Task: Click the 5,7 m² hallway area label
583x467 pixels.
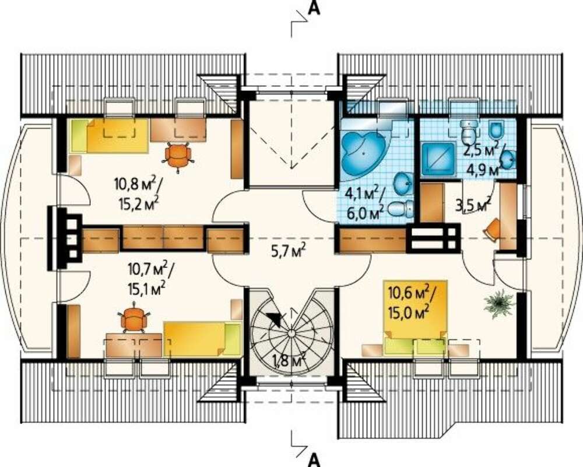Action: tap(289, 252)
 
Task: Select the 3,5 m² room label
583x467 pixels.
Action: tap(473, 206)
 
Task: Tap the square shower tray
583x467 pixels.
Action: tap(438, 159)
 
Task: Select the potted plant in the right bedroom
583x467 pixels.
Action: tap(499, 304)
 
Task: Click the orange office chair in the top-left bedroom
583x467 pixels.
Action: tap(178, 157)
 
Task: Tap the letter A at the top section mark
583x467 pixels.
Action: tap(315, 8)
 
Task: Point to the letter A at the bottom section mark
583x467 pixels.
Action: tap(315, 460)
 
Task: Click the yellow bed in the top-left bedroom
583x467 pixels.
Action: tap(110, 136)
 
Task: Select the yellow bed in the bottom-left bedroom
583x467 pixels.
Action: tap(202, 340)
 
